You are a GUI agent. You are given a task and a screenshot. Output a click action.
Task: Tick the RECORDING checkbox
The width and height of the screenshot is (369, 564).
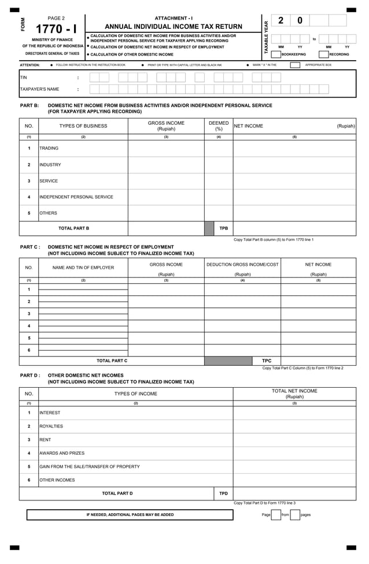tap(324, 54)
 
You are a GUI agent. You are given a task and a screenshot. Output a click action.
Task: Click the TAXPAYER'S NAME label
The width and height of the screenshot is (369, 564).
tap(39, 90)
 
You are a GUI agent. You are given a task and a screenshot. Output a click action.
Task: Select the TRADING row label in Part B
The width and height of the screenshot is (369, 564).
tap(49, 149)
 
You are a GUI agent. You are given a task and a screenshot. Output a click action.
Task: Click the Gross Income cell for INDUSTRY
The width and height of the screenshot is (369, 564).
tap(166, 165)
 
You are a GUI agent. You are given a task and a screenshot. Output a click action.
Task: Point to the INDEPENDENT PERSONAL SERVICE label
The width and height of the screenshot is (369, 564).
tap(76, 197)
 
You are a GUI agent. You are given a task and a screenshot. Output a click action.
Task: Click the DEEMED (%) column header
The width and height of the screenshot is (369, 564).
tap(219, 126)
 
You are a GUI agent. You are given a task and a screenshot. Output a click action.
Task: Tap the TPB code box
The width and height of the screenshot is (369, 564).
tap(223, 228)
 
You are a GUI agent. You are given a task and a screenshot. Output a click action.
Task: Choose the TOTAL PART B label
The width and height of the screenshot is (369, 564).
tap(73, 228)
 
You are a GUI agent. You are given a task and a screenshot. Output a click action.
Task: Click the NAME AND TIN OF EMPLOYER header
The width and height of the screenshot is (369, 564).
tap(83, 268)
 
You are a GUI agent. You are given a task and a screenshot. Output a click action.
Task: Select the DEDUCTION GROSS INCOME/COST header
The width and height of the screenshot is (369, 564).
tap(242, 264)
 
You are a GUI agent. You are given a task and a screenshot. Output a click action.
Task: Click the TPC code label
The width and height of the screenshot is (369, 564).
tap(267, 361)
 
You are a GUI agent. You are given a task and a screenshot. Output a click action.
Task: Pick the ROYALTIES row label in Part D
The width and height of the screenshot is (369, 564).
tap(51, 426)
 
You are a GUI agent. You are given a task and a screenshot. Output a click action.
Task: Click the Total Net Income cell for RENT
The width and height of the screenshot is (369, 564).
tap(294, 440)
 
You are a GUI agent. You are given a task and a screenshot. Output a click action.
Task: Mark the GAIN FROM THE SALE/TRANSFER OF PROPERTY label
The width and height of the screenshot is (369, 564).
tap(90, 466)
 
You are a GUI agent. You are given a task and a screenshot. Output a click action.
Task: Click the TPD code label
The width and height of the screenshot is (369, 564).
tap(223, 493)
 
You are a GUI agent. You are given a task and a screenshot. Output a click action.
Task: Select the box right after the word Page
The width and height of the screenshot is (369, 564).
tap(276, 515)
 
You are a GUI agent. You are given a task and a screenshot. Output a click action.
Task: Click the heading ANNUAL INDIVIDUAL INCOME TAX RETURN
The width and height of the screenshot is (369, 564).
tap(174, 27)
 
